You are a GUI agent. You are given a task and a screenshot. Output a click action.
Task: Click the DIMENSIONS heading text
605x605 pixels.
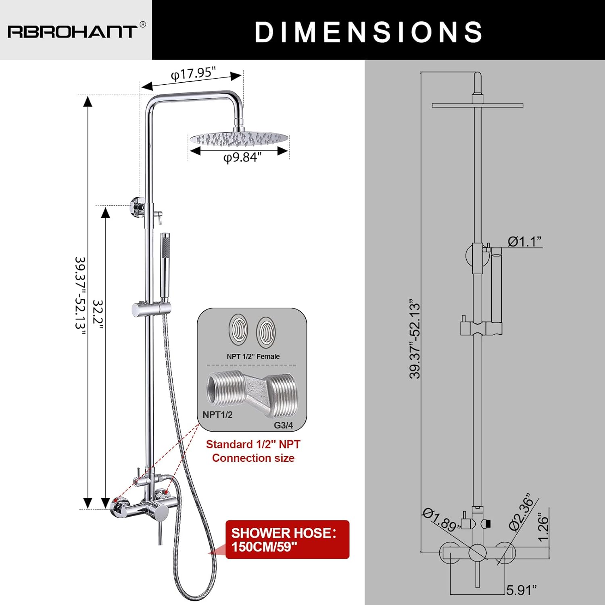tap(369, 32)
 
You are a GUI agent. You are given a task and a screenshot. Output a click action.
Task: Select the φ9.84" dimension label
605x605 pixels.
tap(242, 157)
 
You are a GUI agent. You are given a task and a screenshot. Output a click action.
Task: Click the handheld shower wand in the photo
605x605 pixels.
tap(165, 267)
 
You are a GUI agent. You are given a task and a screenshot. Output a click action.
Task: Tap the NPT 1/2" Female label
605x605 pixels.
tap(253, 357)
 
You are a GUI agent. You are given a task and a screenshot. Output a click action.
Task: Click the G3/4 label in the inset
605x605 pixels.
tap(284, 425)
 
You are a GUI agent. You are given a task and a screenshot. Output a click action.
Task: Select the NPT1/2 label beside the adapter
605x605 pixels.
tap(217, 415)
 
